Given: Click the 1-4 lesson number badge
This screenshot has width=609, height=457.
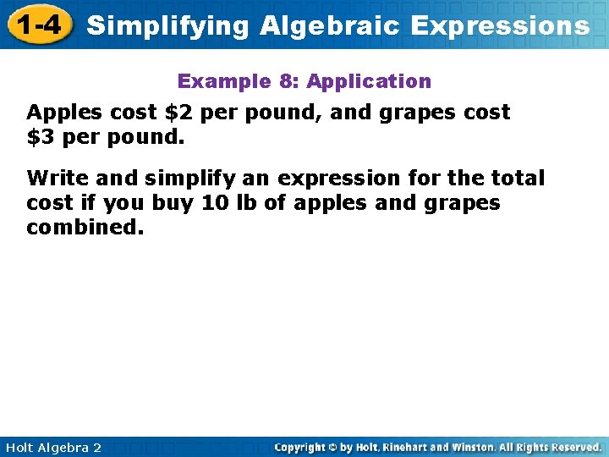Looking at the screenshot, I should [x=39, y=25].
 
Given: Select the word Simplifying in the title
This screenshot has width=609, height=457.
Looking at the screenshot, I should [x=167, y=25].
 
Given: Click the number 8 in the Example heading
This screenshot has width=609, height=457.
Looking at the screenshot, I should [x=285, y=81].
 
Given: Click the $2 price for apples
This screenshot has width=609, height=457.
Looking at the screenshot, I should [x=177, y=112].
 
